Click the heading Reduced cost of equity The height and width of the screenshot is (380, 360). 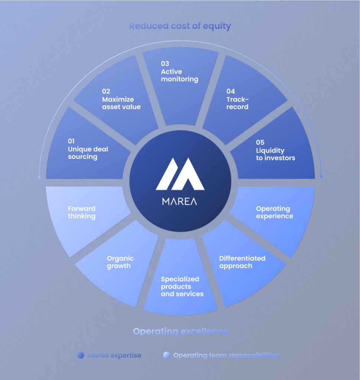[x=180, y=26]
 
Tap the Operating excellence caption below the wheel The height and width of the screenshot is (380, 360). [x=181, y=331]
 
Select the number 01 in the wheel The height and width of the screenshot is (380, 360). [x=71, y=141]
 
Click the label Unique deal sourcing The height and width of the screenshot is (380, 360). [x=88, y=153]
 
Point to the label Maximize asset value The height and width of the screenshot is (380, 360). [x=121, y=103]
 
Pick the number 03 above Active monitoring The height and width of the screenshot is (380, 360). [x=165, y=63]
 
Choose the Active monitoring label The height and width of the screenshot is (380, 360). [x=179, y=75]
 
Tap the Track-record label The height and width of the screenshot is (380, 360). [x=238, y=103]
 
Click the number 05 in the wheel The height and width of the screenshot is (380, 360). [x=260, y=142]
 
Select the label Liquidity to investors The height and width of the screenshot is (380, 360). [x=275, y=154]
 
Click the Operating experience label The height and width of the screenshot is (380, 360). [x=274, y=212]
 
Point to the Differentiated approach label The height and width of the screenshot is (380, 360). [x=242, y=262]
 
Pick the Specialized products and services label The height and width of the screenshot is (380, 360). [x=182, y=286]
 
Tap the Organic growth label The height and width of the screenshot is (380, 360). [x=120, y=262]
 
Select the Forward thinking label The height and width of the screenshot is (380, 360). [x=82, y=212]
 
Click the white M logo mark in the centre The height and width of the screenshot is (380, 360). [x=180, y=174]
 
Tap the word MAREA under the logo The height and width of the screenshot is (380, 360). [x=180, y=201]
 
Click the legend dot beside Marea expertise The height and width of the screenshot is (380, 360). [x=80, y=355]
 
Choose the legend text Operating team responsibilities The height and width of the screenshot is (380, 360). [x=227, y=355]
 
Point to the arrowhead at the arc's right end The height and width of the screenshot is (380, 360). [x=321, y=177]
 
